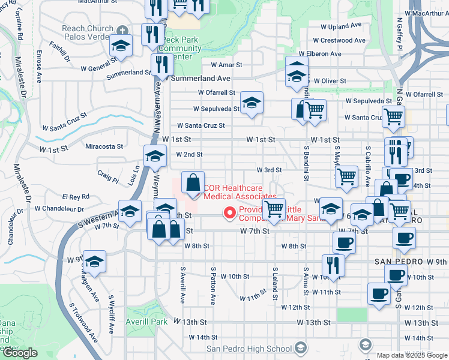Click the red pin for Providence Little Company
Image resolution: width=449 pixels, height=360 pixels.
229,212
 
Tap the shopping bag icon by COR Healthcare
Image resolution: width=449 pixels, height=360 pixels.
193,183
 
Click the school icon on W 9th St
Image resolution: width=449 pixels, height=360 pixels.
94,262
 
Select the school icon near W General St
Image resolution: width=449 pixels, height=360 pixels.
121,46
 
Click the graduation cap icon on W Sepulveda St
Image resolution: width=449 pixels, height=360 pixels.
252,102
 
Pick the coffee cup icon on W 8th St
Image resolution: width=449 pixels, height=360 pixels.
344,242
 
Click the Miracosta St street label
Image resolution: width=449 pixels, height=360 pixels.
104,146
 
